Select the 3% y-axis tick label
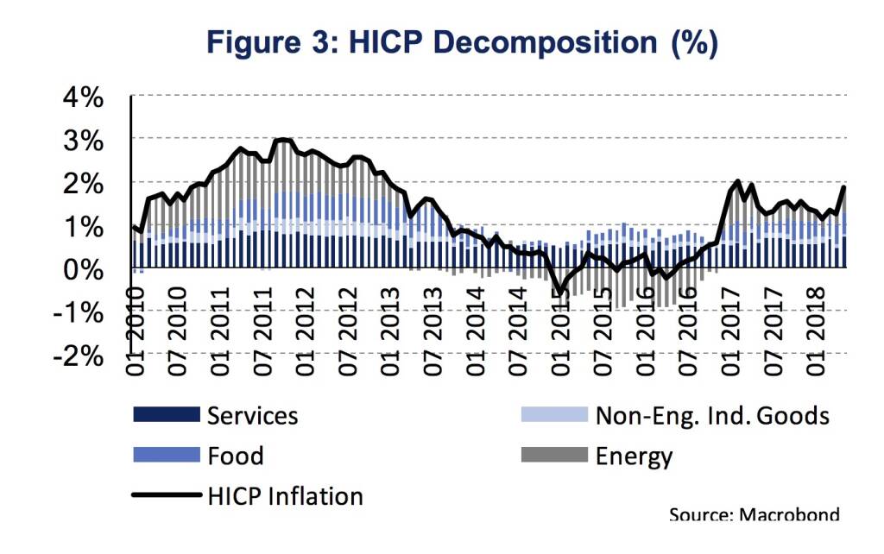[83, 140]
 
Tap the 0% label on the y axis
[83, 268]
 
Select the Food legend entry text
[236, 456]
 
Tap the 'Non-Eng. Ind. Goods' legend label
[712, 415]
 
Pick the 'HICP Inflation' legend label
[286, 496]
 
